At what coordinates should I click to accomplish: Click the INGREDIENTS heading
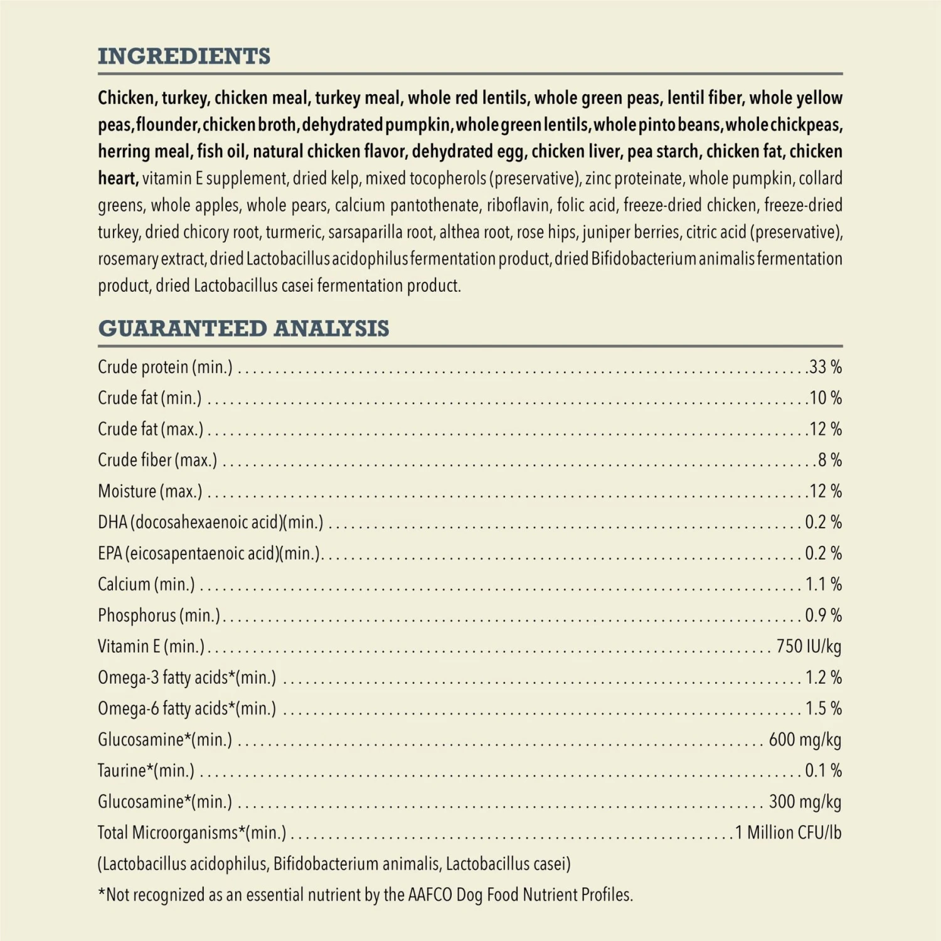pos(184,56)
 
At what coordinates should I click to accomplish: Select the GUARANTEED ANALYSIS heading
pos(243,329)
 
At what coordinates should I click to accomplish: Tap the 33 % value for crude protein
pos(825,367)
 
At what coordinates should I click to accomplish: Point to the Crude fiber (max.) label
pos(157,460)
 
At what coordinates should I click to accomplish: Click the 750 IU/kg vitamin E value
pos(809,647)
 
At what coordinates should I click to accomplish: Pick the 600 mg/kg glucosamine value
pos(805,740)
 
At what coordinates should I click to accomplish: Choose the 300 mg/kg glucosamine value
pos(805,802)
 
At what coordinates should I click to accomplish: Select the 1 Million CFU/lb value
pos(788,833)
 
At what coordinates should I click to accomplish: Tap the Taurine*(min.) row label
pos(146,770)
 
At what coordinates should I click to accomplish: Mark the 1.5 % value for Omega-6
pos(823,709)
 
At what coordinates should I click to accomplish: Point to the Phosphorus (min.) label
pos(159,615)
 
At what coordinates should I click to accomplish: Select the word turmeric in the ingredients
pos(293,233)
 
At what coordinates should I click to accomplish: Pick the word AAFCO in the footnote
pos(430,895)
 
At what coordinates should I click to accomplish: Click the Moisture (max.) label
pos(150,491)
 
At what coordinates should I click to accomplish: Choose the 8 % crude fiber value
pos(829,460)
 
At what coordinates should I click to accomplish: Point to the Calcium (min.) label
pos(146,585)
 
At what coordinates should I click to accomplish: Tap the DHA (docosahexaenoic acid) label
pos(210,523)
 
